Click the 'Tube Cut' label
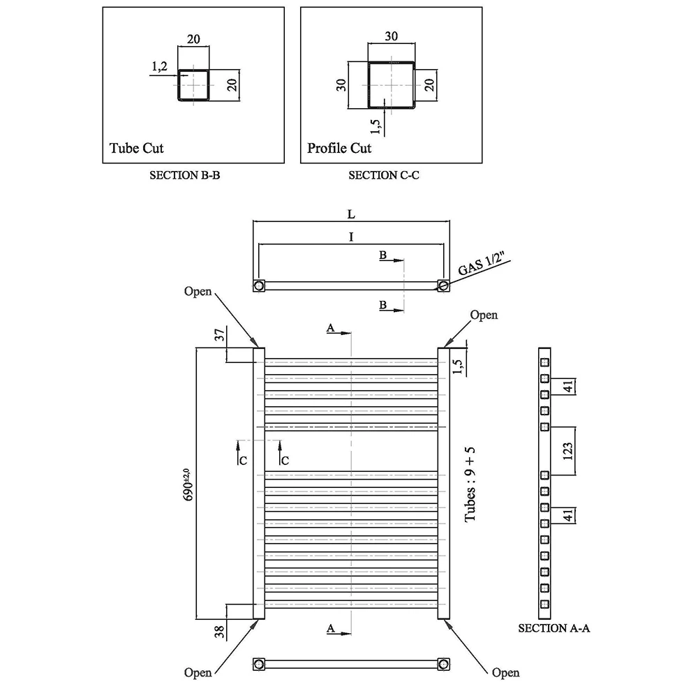pos(136,148)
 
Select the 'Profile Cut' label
pos(339,148)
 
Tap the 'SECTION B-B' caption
pos(185,175)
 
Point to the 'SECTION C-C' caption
pos(384,175)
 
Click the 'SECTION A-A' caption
pos(554,628)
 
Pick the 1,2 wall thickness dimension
pos(159,66)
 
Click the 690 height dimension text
pos(188,485)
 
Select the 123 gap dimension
pos(567,451)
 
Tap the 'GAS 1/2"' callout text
pos(481,264)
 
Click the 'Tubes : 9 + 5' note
pos(470,485)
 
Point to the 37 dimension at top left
pos(220,335)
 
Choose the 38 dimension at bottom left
pos(219,632)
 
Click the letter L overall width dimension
pos(351,214)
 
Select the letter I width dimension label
pos(351,237)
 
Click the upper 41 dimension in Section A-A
pos(568,387)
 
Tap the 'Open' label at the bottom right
pos(505,673)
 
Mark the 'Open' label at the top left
pos(198,292)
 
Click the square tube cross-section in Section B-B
pos(193,85)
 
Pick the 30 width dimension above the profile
pos(392,36)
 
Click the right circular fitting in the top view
pos(443,285)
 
